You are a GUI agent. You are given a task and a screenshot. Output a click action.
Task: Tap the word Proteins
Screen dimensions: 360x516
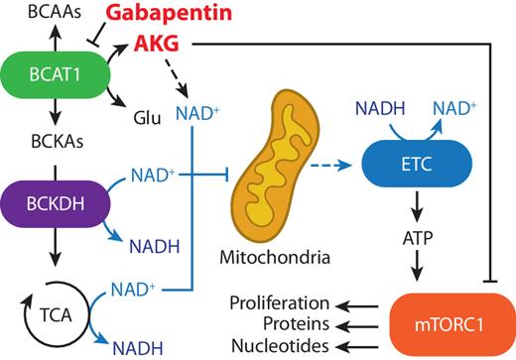295,322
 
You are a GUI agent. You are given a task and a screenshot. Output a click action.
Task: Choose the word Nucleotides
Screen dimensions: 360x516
280,344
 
